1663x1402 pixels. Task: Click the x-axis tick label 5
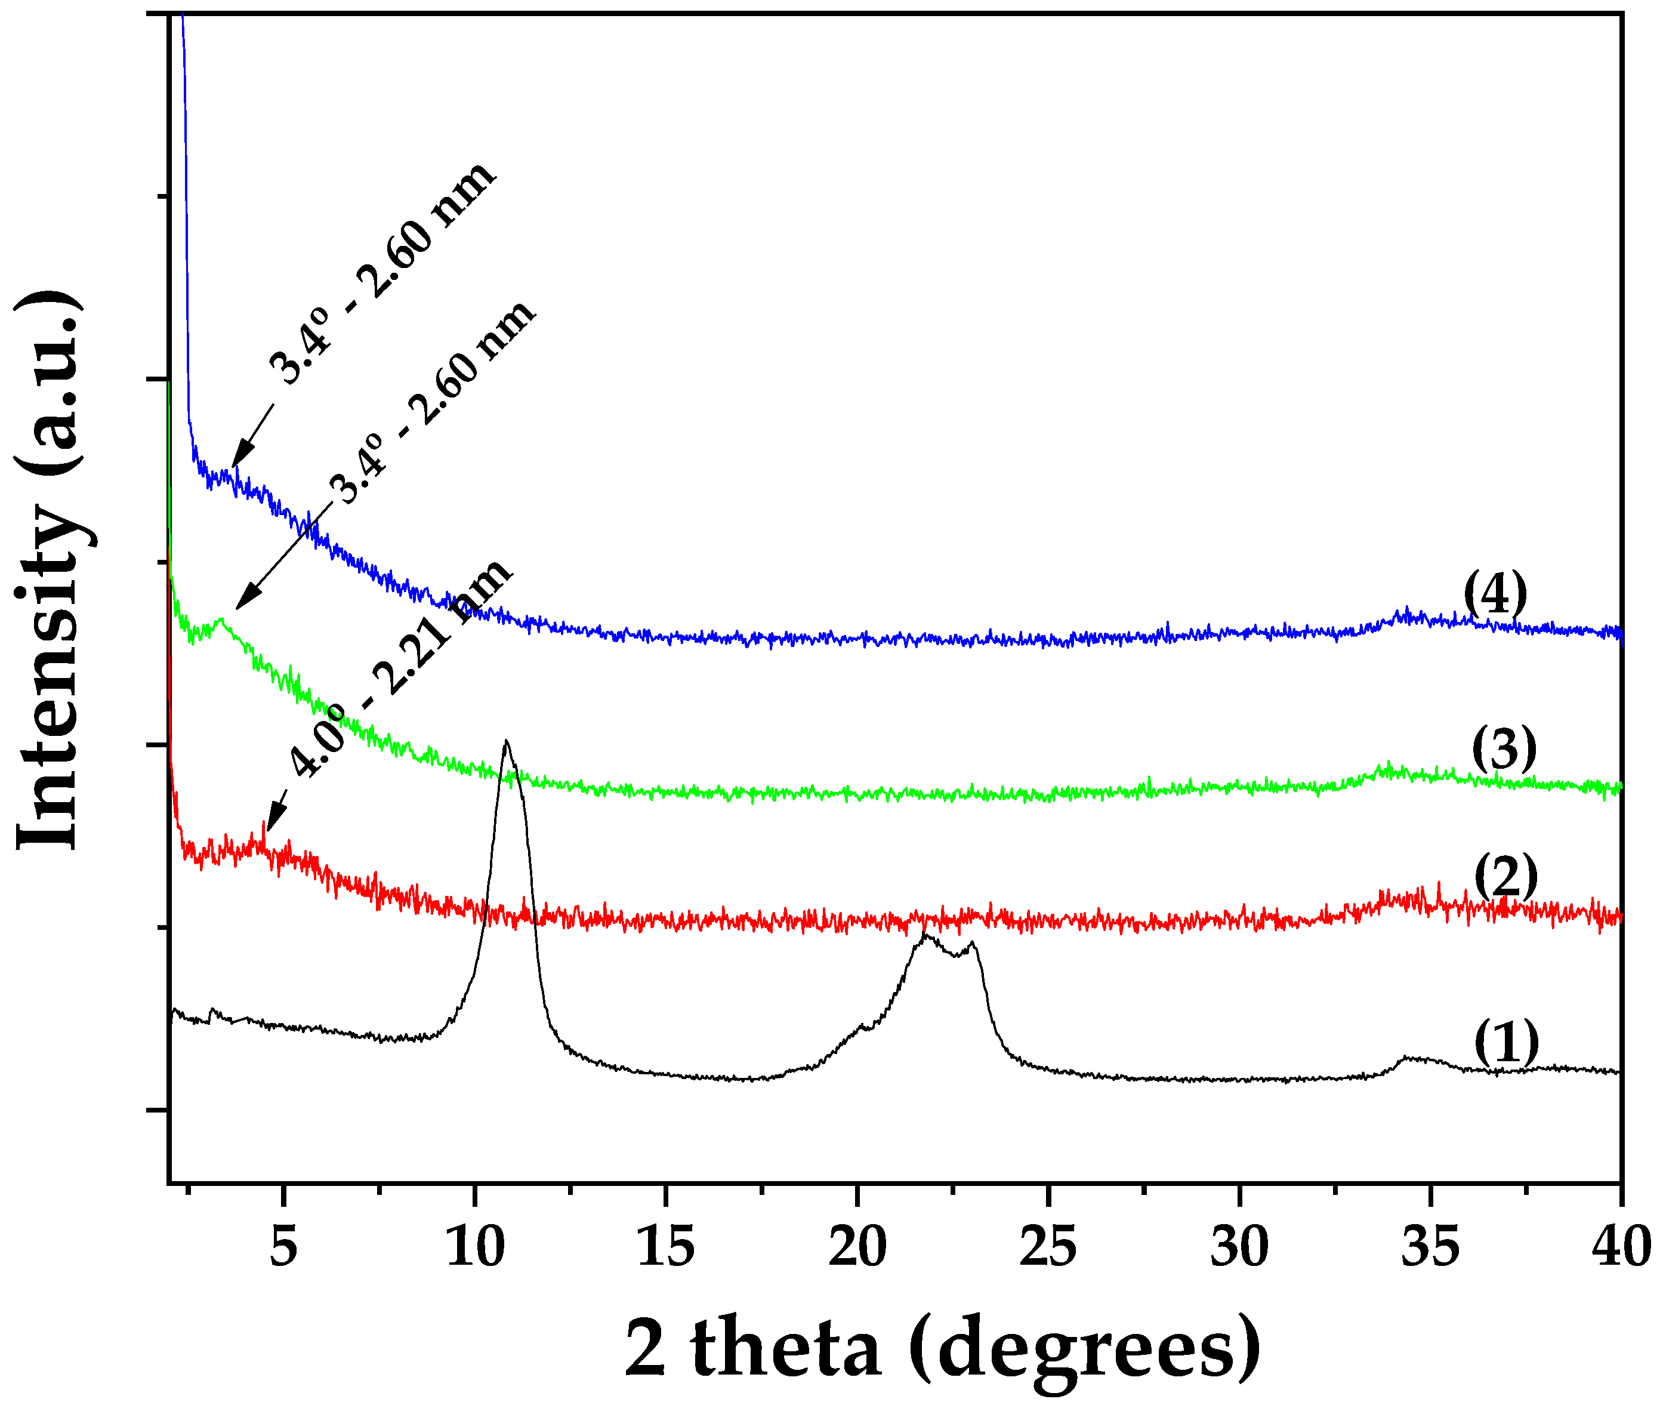pyautogui.click(x=283, y=1247)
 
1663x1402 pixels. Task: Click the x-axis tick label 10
pyautogui.click(x=474, y=1247)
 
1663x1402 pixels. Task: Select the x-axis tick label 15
pyautogui.click(x=666, y=1247)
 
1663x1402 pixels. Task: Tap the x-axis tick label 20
pyautogui.click(x=857, y=1247)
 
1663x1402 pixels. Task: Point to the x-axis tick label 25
pyautogui.click(x=1048, y=1247)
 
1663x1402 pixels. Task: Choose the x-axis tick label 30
pyautogui.click(x=1239, y=1247)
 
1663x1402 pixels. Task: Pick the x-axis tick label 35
pyautogui.click(x=1430, y=1247)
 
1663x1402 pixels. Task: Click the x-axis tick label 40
pyautogui.click(x=1621, y=1247)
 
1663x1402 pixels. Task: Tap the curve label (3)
pyautogui.click(x=1504, y=748)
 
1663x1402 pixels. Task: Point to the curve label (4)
pyautogui.click(x=1495, y=593)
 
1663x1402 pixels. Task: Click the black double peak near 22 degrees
pyautogui.click(x=946, y=946)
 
